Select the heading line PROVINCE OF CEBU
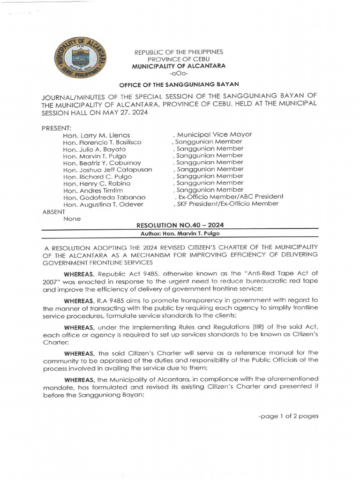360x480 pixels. pyautogui.click(x=179, y=59)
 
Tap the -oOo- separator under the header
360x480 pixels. pyautogui.click(x=179, y=73)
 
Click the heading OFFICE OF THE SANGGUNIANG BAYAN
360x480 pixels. pyautogui.click(x=179, y=84)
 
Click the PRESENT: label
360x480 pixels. pyautogui.click(x=56, y=128)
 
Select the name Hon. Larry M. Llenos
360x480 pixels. pyautogui.click(x=96, y=135)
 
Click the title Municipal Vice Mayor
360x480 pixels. pyautogui.click(x=214, y=135)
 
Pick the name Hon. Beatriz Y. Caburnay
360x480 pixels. pyautogui.click(x=102, y=163)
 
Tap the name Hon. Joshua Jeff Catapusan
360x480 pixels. pyautogui.click(x=107, y=170)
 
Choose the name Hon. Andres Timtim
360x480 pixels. pyautogui.click(x=93, y=190)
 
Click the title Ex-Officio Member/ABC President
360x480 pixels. pyautogui.click(x=230, y=197)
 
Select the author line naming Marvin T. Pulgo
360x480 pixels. pyautogui.click(x=180, y=233)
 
